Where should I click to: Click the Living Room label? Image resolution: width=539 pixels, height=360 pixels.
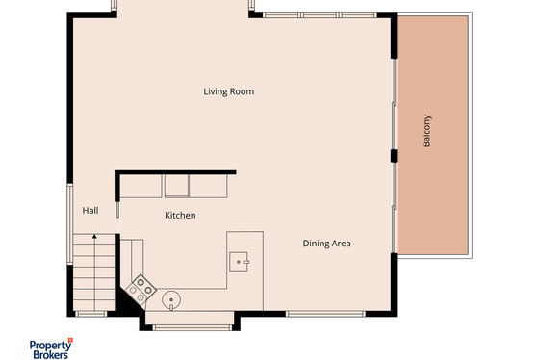(229, 91)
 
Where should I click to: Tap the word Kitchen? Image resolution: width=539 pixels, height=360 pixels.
(180, 216)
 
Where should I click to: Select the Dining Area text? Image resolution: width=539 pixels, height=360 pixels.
(326, 244)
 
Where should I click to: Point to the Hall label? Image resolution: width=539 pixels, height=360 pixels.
(90, 211)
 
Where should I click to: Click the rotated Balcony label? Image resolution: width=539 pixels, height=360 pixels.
(426, 131)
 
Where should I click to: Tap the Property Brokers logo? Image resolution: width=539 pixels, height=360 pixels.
(51, 348)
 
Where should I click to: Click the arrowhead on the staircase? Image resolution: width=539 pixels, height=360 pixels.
(94, 236)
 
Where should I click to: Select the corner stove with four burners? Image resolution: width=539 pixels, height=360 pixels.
(141, 289)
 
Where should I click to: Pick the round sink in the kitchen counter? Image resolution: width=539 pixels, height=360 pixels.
(171, 300)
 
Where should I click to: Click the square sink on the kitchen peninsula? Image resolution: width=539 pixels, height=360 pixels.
(239, 262)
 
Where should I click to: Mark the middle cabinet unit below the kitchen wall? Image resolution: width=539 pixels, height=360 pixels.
(177, 186)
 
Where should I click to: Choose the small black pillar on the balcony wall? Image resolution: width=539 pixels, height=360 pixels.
(394, 156)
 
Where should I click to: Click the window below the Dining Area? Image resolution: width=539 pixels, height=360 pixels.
(325, 314)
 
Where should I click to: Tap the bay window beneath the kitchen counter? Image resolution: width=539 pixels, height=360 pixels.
(192, 327)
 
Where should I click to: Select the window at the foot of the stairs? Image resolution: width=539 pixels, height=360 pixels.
(91, 314)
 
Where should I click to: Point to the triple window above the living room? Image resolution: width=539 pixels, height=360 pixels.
(320, 14)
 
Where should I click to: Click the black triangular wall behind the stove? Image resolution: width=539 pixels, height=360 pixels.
(128, 302)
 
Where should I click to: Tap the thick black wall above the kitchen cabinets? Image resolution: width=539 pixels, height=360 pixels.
(176, 172)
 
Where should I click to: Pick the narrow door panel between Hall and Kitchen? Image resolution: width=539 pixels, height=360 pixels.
(117, 210)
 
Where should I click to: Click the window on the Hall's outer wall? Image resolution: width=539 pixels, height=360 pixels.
(70, 224)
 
